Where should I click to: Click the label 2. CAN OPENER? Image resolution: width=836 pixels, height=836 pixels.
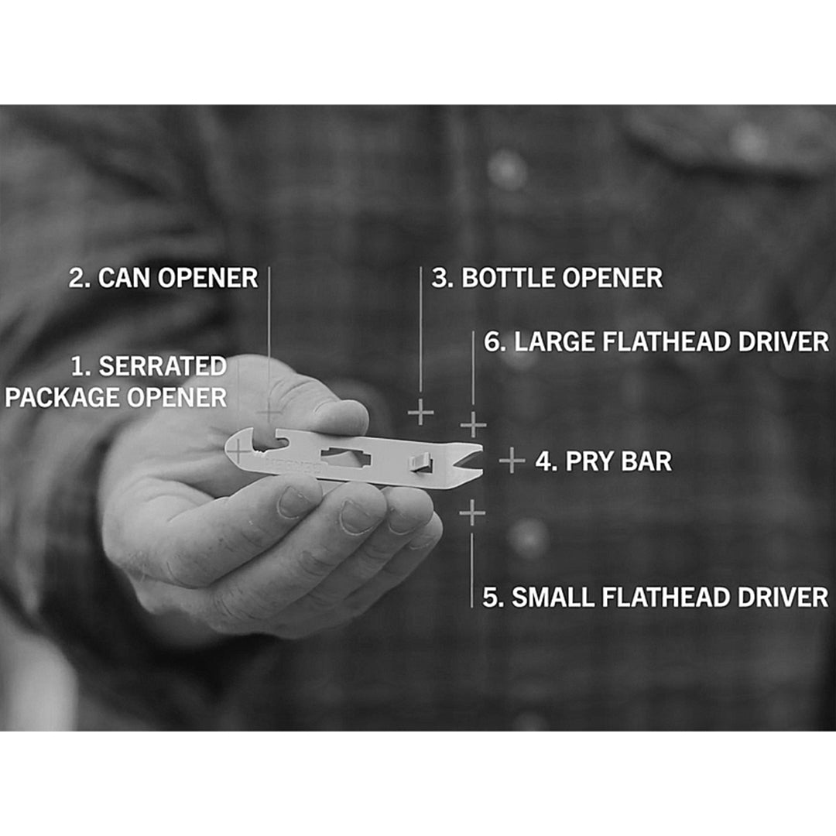tap(163, 278)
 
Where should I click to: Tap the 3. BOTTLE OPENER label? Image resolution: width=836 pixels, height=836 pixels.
tap(547, 278)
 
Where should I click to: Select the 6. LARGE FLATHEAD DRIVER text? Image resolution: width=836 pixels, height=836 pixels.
tap(656, 342)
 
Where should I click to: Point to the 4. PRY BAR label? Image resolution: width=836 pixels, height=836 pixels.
tap(604, 461)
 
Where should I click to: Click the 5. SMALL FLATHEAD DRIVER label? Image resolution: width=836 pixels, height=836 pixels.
tap(656, 597)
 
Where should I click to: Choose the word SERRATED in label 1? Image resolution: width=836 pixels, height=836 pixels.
tap(163, 366)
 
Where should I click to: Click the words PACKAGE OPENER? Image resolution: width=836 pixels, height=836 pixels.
tap(116, 398)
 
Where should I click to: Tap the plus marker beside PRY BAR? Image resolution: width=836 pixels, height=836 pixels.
tap(512, 460)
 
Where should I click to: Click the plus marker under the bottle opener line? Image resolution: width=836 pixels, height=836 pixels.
tap(420, 412)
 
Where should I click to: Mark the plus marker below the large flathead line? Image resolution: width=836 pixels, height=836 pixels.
tap(474, 425)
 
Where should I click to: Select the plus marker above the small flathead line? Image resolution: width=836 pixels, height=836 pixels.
tap(472, 513)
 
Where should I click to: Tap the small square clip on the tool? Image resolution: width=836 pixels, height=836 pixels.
tap(420, 461)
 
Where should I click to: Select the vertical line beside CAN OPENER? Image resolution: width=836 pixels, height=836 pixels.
tap(269, 341)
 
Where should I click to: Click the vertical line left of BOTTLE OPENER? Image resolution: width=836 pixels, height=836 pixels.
tap(420, 330)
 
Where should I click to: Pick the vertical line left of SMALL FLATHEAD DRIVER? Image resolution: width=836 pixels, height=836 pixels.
tap(472, 570)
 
